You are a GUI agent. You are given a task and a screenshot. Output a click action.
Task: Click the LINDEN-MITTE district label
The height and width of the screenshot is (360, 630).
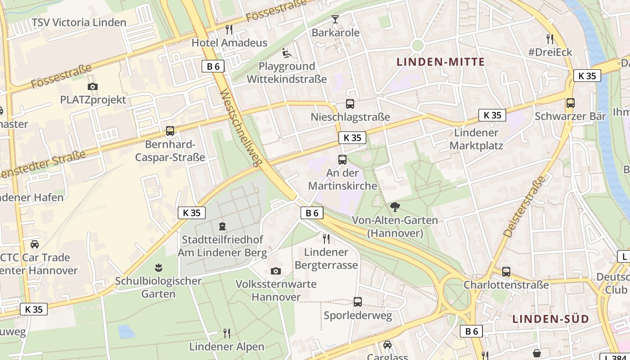pos(441,62)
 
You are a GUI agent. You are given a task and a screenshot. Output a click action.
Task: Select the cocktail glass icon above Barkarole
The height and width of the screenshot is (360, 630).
pos(335,19)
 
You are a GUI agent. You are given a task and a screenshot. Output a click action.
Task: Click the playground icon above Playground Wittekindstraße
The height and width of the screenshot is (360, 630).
pos(287,54)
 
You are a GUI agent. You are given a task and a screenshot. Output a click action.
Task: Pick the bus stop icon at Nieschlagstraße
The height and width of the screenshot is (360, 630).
pos(350,104)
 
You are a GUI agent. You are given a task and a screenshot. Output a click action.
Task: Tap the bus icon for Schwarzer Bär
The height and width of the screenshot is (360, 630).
pos(570,103)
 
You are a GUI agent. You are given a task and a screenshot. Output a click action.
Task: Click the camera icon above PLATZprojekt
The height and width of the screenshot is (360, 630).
pos(93,86)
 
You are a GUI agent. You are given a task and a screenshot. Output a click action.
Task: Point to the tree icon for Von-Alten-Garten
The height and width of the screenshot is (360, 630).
pos(395,207)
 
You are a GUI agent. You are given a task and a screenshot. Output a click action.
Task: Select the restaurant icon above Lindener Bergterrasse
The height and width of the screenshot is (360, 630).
pos(326,238)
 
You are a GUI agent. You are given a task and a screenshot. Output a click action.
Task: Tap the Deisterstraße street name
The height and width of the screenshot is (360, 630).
pos(524,207)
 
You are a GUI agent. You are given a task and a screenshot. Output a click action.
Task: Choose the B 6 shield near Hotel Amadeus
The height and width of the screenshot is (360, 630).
pos(213,66)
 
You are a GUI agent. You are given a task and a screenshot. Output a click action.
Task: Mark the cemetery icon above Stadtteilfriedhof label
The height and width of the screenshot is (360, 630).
pos(222,226)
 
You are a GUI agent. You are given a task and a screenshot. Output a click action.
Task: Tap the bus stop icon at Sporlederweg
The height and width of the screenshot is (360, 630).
pos(358,302)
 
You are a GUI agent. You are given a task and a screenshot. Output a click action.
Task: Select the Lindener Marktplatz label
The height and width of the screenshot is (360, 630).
pos(476,139)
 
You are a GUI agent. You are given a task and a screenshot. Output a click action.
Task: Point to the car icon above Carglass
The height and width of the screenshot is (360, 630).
pos(387,345)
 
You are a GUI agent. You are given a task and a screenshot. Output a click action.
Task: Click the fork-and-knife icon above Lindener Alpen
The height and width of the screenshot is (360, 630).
pos(227,333)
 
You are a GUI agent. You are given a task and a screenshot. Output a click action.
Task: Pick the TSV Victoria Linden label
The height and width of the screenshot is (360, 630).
pos(79,22)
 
